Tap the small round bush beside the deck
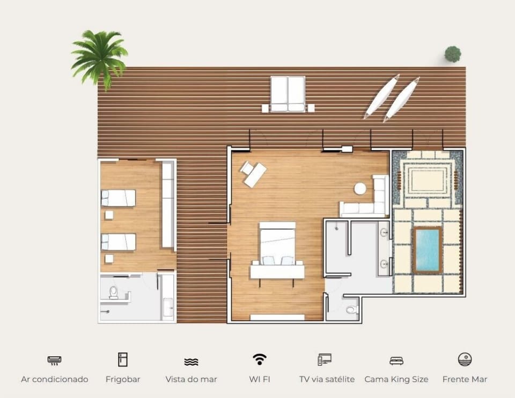pos(453,54)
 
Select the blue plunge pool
pos(427,250)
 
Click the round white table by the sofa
pos(360,189)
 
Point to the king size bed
pos(277,244)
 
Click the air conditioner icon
pos(54,361)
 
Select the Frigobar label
pos(123,379)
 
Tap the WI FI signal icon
pos(260,359)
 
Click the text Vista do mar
pos(191,379)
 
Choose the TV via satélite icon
pos(325,359)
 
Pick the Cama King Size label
pos(396,379)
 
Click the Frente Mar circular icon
pos(465,359)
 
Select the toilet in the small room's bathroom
pos(114,292)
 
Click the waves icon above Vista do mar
pos(191,362)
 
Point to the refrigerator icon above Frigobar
pos(122,359)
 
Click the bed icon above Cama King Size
pos(396,361)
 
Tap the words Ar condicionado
pos(55,379)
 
